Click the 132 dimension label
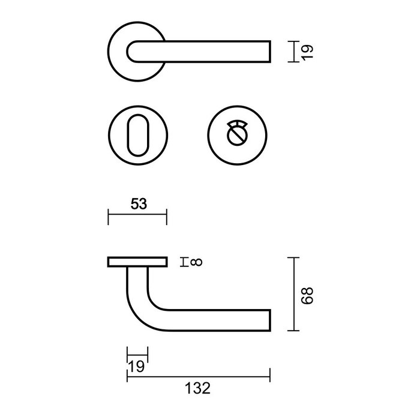click(x=198, y=388)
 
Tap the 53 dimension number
click(x=139, y=203)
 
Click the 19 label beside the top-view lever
click(x=307, y=51)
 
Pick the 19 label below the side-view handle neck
click(x=138, y=365)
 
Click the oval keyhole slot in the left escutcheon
click(x=137, y=135)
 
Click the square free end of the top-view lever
click(x=267, y=51)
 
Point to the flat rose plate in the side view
click(x=137, y=262)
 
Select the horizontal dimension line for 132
click(x=198, y=375)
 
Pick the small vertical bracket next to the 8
click(x=185, y=262)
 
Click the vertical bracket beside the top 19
click(x=290, y=51)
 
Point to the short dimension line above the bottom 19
click(x=137, y=353)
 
